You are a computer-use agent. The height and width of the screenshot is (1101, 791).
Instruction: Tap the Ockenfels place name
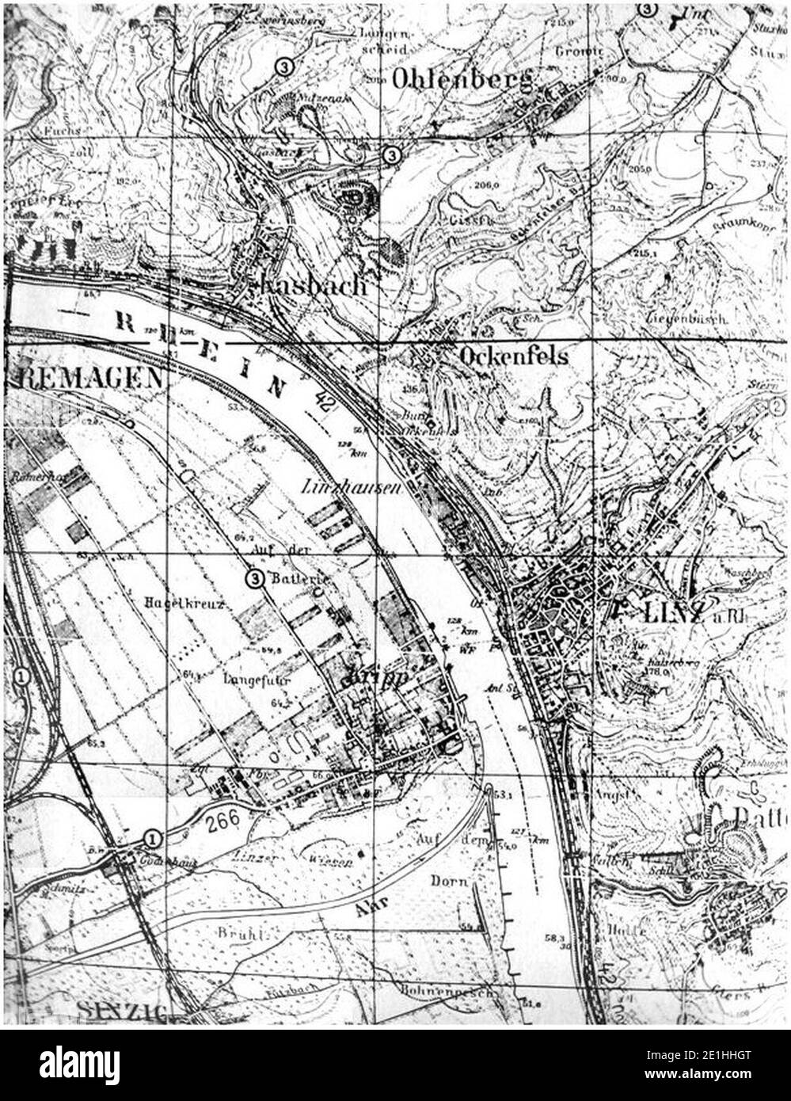click(513, 356)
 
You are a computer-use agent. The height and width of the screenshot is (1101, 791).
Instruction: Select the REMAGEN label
click(86, 377)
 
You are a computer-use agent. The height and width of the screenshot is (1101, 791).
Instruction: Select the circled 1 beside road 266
click(151, 838)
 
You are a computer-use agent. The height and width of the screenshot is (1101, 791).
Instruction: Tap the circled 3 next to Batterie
click(255, 578)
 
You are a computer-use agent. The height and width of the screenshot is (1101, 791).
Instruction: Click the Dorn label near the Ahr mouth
click(450, 880)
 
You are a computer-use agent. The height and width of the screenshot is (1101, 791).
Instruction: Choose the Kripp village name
click(374, 678)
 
